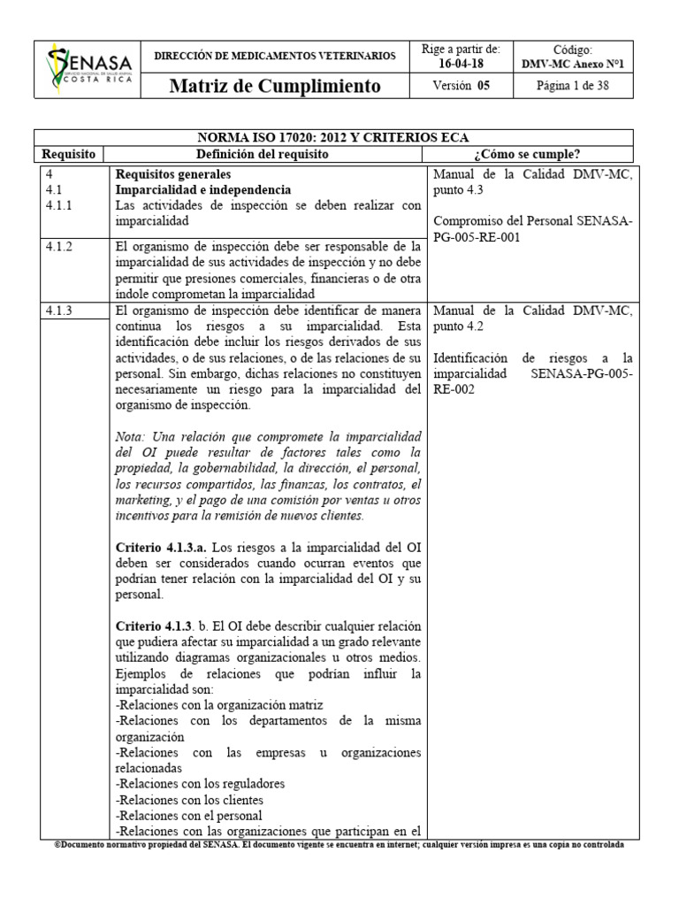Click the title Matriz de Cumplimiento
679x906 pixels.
coord(275,86)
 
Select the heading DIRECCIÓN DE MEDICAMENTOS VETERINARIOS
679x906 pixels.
coord(275,55)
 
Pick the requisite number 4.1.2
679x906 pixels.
coord(61,247)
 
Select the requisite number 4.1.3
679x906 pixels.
coord(61,310)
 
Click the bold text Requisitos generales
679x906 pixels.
coord(173,174)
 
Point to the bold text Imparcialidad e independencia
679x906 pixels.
coord(203,190)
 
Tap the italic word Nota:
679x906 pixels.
coord(132,437)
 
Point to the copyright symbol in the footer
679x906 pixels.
coord(57,844)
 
